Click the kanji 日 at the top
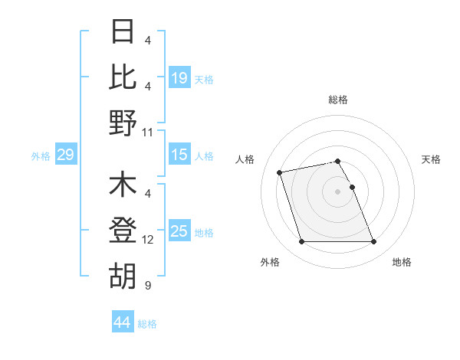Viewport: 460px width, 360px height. tap(123, 31)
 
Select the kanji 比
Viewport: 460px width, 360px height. tap(123, 77)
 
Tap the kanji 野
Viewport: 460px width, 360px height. tap(123, 123)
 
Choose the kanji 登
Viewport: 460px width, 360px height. tap(123, 231)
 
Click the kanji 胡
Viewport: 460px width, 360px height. tap(123, 277)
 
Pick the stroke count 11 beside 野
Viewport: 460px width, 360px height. tap(149, 132)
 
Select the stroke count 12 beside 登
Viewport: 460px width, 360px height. tap(149, 240)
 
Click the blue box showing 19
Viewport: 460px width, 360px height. tap(179, 77)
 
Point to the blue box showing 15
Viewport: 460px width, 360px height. tap(179, 155)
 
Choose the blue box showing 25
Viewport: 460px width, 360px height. tap(179, 231)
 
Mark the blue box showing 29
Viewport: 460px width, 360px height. tap(65, 155)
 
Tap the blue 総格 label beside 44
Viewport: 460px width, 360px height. tap(147, 324)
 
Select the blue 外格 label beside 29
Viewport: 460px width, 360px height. tap(41, 156)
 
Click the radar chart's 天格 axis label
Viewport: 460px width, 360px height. tap(431, 159)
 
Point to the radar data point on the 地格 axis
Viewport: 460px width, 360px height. tap(373, 242)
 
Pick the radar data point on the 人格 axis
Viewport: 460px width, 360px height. tap(280, 172)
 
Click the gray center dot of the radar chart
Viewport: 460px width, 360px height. tap(337, 191)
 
